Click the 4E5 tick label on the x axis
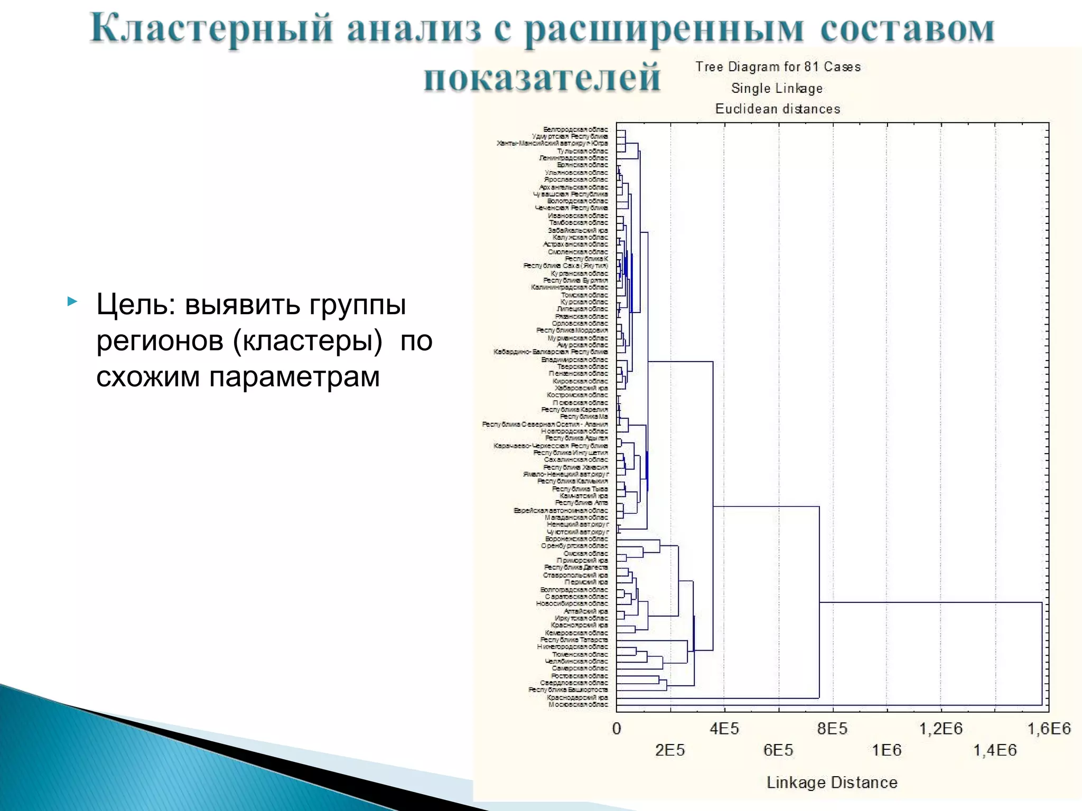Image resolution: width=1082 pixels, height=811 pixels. (x=724, y=729)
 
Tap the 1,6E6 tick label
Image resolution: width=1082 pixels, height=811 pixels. (x=1049, y=729)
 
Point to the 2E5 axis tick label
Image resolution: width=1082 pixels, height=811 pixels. (x=670, y=750)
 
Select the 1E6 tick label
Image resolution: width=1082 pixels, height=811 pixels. (x=887, y=750)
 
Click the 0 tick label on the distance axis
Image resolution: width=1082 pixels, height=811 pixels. (x=617, y=729)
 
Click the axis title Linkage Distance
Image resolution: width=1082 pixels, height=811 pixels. (x=832, y=782)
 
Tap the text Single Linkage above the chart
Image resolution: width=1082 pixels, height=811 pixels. (x=777, y=88)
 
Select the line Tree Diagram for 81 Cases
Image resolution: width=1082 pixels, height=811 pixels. (x=778, y=67)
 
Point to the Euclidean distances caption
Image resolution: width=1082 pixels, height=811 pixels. (x=778, y=109)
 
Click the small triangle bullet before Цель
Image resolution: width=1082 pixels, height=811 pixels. (x=72, y=302)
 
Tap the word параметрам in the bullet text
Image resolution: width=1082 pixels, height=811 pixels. (x=294, y=377)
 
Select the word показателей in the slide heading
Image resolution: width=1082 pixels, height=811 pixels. (x=542, y=78)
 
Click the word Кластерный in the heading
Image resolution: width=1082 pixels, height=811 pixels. (x=211, y=29)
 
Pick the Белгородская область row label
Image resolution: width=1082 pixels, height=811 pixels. (x=575, y=129)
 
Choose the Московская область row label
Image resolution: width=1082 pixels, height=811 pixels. (x=578, y=704)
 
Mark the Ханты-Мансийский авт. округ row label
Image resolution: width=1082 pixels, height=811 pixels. (x=552, y=143)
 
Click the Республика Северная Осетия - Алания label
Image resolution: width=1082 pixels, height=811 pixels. (x=545, y=424)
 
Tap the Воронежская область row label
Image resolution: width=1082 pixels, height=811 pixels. (x=576, y=539)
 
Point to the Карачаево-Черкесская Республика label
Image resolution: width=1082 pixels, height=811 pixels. (x=551, y=446)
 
